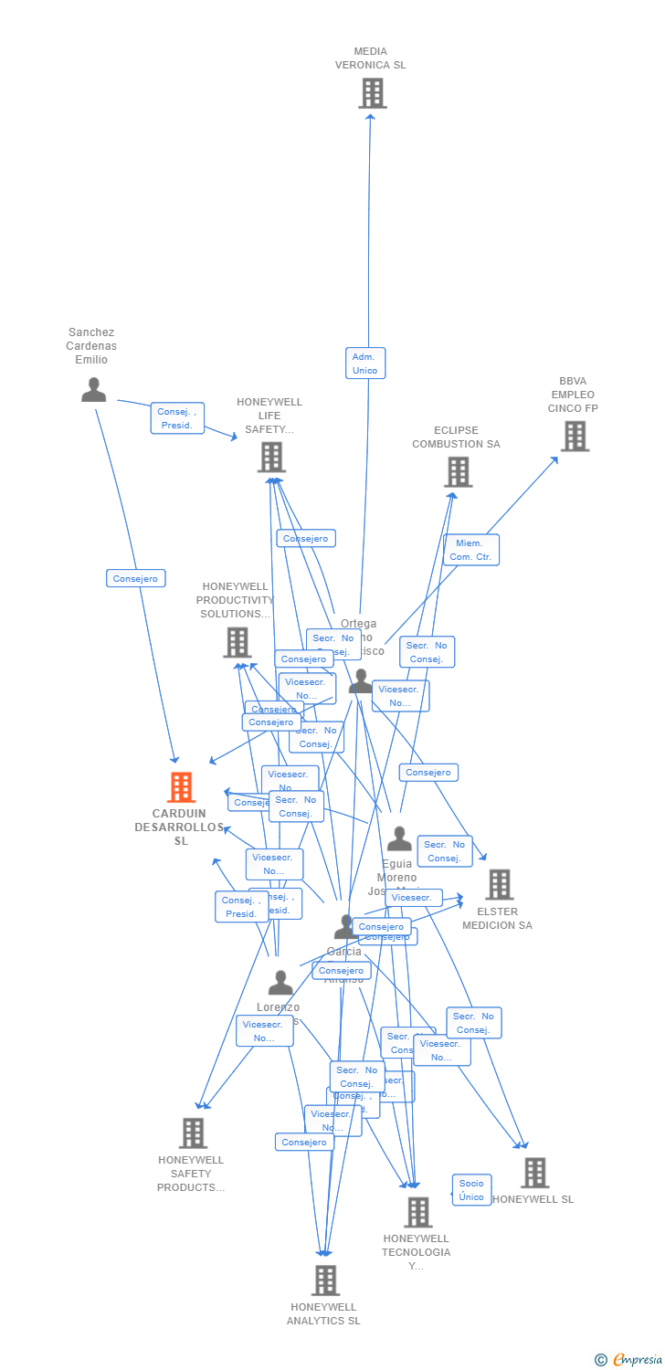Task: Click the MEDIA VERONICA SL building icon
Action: tap(372, 93)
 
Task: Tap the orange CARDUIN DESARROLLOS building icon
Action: tap(181, 787)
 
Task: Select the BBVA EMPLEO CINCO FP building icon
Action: tap(575, 437)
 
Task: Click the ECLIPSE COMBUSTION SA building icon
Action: tap(458, 472)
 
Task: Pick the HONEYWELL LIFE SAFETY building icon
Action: tap(271, 457)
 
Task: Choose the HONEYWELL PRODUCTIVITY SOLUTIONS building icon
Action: tap(237, 642)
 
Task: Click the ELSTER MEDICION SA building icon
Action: tap(499, 884)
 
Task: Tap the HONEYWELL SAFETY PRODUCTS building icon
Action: tap(193, 1133)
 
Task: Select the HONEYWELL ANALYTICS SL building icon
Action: tap(325, 1280)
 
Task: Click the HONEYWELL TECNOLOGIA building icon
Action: tap(417, 1212)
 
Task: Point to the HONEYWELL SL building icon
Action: tap(534, 1173)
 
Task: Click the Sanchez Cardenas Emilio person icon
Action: tap(93, 390)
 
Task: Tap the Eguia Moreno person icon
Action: tap(399, 838)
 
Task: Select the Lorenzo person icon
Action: tap(280, 983)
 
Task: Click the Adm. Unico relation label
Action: tap(365, 363)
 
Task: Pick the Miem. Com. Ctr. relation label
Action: tap(471, 550)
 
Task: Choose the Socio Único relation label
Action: tap(471, 1189)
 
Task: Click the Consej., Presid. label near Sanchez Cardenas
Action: tap(177, 418)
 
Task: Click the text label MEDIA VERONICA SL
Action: tap(370, 58)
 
